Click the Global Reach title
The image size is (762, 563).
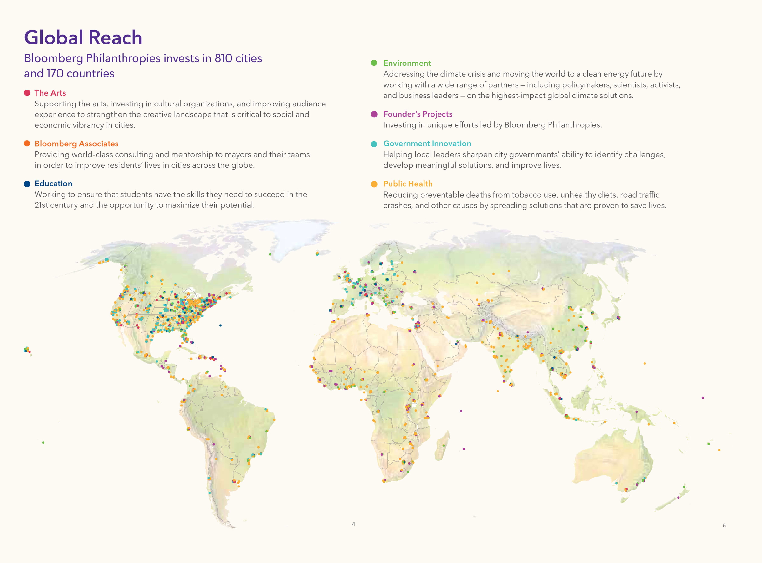pos(83,37)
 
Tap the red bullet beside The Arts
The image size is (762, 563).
pos(27,93)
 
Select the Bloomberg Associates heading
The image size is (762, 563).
pos(76,144)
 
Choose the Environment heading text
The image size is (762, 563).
pos(407,63)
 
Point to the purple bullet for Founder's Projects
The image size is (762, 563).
pos(374,114)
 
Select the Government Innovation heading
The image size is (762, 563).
pos(427,144)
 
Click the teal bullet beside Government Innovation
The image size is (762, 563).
pos(374,144)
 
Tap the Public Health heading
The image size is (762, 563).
pos(408,184)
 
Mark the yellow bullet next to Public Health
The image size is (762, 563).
pos(374,184)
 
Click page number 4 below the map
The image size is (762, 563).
pos(353,524)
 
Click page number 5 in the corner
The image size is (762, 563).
pos(724,526)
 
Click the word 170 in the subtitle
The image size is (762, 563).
pos(55,74)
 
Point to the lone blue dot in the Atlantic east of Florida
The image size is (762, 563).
pos(220,325)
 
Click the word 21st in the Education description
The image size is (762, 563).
pos(41,205)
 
